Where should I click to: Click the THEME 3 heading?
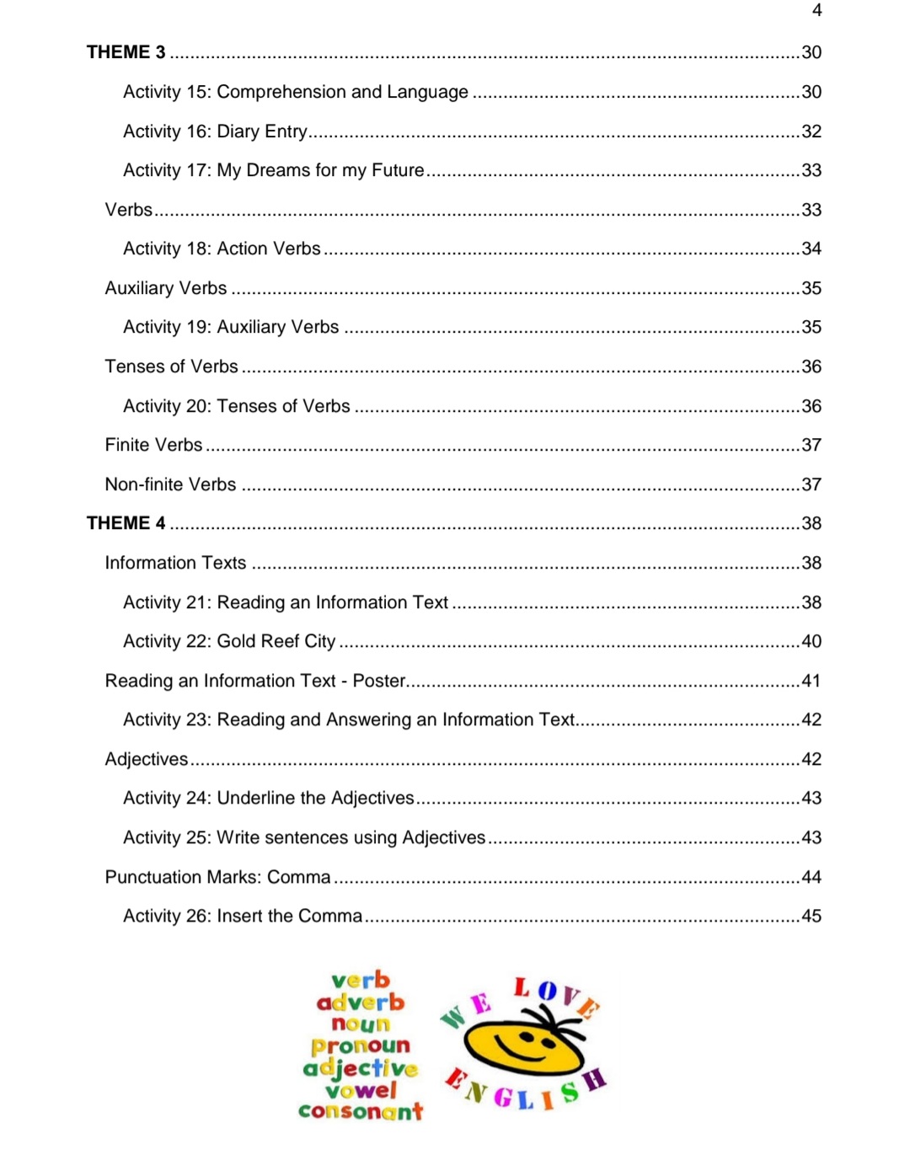click(x=126, y=52)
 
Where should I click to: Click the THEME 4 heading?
click(x=126, y=523)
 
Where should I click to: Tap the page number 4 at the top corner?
click(x=816, y=10)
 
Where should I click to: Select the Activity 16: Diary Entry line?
click(x=215, y=131)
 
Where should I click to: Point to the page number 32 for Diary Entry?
click(x=811, y=131)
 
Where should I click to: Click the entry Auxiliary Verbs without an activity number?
click(x=166, y=288)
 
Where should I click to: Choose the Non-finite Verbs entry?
click(x=170, y=484)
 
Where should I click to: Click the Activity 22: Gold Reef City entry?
click(x=229, y=641)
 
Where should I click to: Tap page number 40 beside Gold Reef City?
click(x=811, y=641)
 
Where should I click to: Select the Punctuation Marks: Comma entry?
click(x=217, y=877)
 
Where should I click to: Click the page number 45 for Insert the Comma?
click(x=811, y=916)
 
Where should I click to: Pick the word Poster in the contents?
click(x=379, y=681)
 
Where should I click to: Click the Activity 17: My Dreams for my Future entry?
click(x=274, y=170)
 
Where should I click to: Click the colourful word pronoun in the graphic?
click(x=361, y=1045)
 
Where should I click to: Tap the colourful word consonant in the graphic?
click(x=361, y=1111)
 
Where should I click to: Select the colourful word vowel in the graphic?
click(x=361, y=1090)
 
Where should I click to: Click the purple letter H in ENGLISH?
click(x=595, y=1079)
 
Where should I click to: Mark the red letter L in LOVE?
click(x=522, y=987)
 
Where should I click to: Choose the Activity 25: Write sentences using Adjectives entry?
click(x=304, y=837)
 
